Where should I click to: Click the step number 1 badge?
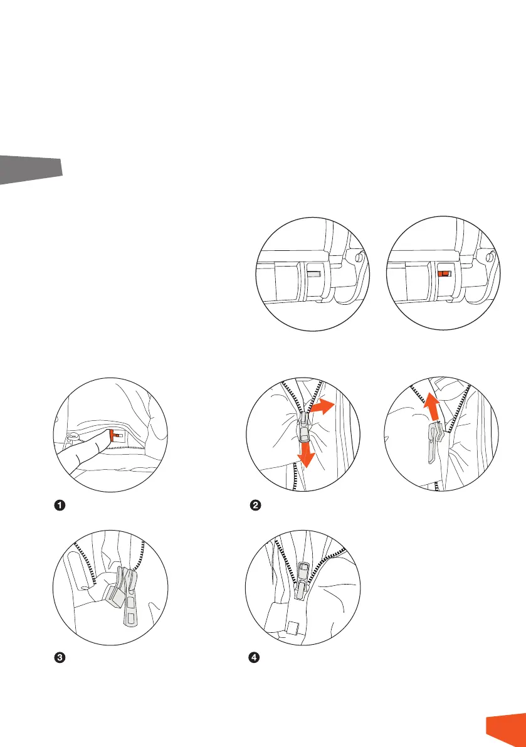click(58, 506)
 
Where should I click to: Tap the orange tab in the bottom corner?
click(507, 730)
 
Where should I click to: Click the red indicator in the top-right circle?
click(444, 273)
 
